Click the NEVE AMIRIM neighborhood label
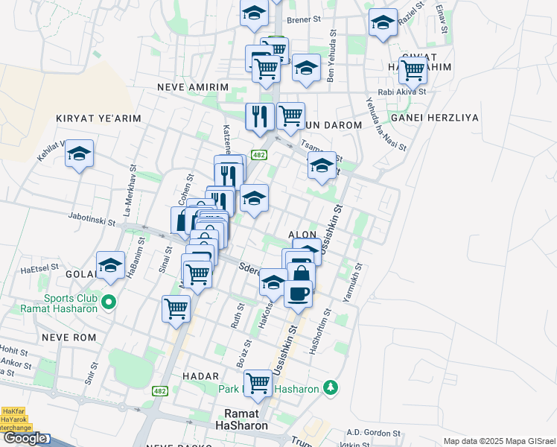pos(193,87)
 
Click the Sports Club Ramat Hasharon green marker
pos(109,302)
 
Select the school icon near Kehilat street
pos(79,154)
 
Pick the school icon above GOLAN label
pos(110,264)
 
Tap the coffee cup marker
pos(299,294)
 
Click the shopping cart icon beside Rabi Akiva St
pos(413,71)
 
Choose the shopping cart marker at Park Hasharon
pos(258,383)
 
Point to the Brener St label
pos(303,20)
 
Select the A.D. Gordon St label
pos(374,433)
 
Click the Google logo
pos(24,439)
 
